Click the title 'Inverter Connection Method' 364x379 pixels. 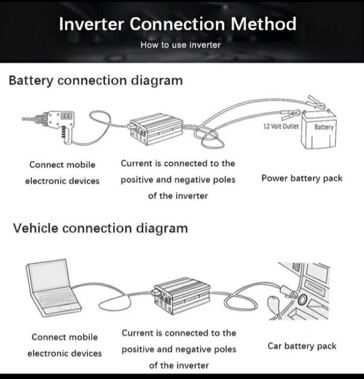click(x=177, y=24)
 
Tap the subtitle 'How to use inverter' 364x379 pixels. click(x=180, y=45)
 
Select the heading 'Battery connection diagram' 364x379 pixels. click(x=96, y=80)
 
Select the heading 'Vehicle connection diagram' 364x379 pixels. click(x=100, y=228)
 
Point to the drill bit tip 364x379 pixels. click(x=24, y=119)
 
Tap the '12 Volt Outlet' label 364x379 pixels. click(x=281, y=127)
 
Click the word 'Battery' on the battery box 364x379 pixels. click(x=324, y=127)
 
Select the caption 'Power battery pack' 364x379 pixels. click(x=302, y=178)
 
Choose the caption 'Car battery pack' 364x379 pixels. click(x=302, y=346)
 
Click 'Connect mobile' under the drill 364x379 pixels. click(x=62, y=164)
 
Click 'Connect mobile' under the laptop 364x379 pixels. click(x=65, y=337)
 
